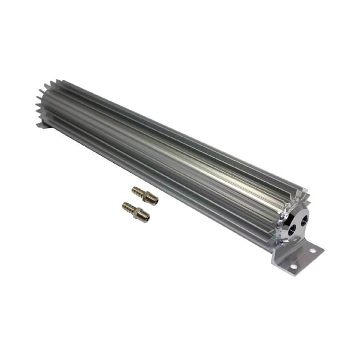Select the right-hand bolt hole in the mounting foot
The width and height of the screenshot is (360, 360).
pyautogui.click(x=313, y=251)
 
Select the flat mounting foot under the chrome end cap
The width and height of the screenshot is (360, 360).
pyautogui.click(x=299, y=260)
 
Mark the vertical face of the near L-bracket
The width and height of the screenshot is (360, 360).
pyautogui.click(x=280, y=252)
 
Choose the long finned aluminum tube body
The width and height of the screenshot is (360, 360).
pyautogui.click(x=166, y=155)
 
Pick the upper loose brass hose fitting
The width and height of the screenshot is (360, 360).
pyautogui.click(x=145, y=195)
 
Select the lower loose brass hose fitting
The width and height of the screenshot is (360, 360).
pyautogui.click(x=135, y=210)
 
